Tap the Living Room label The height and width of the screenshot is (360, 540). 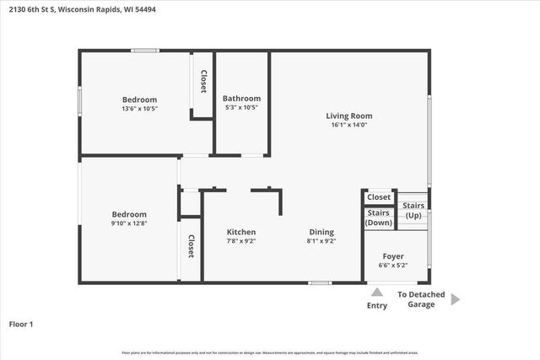[349, 116]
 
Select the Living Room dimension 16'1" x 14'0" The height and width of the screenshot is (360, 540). [349, 126]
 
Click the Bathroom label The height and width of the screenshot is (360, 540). [242, 99]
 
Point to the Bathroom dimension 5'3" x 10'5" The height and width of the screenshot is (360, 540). [242, 108]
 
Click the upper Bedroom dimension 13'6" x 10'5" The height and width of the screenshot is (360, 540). [139, 108]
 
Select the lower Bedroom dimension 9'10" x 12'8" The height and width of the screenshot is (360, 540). [129, 223]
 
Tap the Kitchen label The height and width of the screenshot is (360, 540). [241, 232]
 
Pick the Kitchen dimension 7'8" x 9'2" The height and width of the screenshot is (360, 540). [241, 241]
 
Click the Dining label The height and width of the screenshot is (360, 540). [321, 232]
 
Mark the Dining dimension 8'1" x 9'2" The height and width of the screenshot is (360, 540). [321, 241]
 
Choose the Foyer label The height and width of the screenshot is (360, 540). [393, 255]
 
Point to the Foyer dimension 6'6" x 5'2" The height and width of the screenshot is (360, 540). [393, 265]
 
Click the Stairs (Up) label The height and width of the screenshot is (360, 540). [413, 211]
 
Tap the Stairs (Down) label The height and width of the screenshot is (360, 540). [379, 218]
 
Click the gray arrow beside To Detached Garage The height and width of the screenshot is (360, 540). [455, 298]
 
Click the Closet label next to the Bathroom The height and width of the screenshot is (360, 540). [203, 80]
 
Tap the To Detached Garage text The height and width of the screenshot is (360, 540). [421, 299]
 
